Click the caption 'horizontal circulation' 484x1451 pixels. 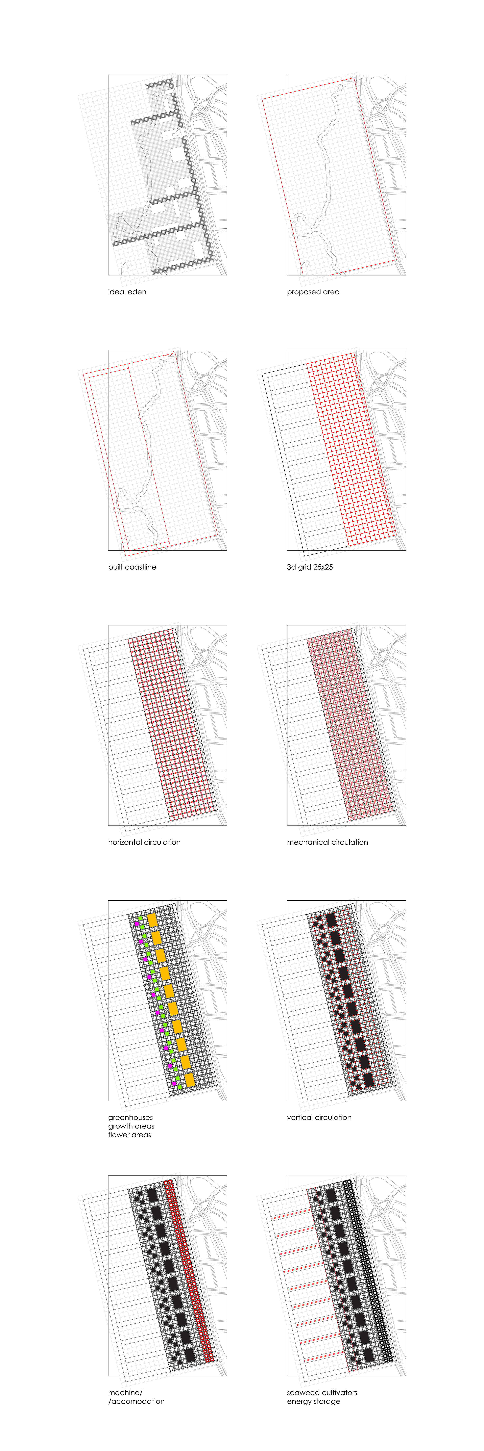(x=144, y=842)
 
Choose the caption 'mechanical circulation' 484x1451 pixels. (x=327, y=842)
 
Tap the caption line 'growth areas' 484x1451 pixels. (x=131, y=1126)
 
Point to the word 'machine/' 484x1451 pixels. (x=125, y=1392)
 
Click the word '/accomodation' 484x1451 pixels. (x=136, y=1401)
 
